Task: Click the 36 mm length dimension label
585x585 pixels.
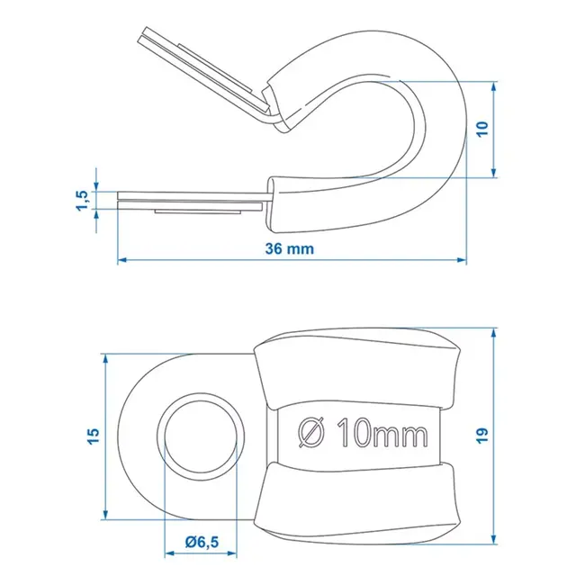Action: click(x=290, y=249)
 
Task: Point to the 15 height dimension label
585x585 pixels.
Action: click(x=94, y=436)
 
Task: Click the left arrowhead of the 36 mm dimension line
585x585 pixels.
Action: click(x=123, y=261)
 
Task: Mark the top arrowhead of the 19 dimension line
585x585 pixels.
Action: click(x=494, y=332)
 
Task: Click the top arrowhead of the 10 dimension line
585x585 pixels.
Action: click(x=494, y=87)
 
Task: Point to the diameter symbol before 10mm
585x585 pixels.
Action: click(x=309, y=435)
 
